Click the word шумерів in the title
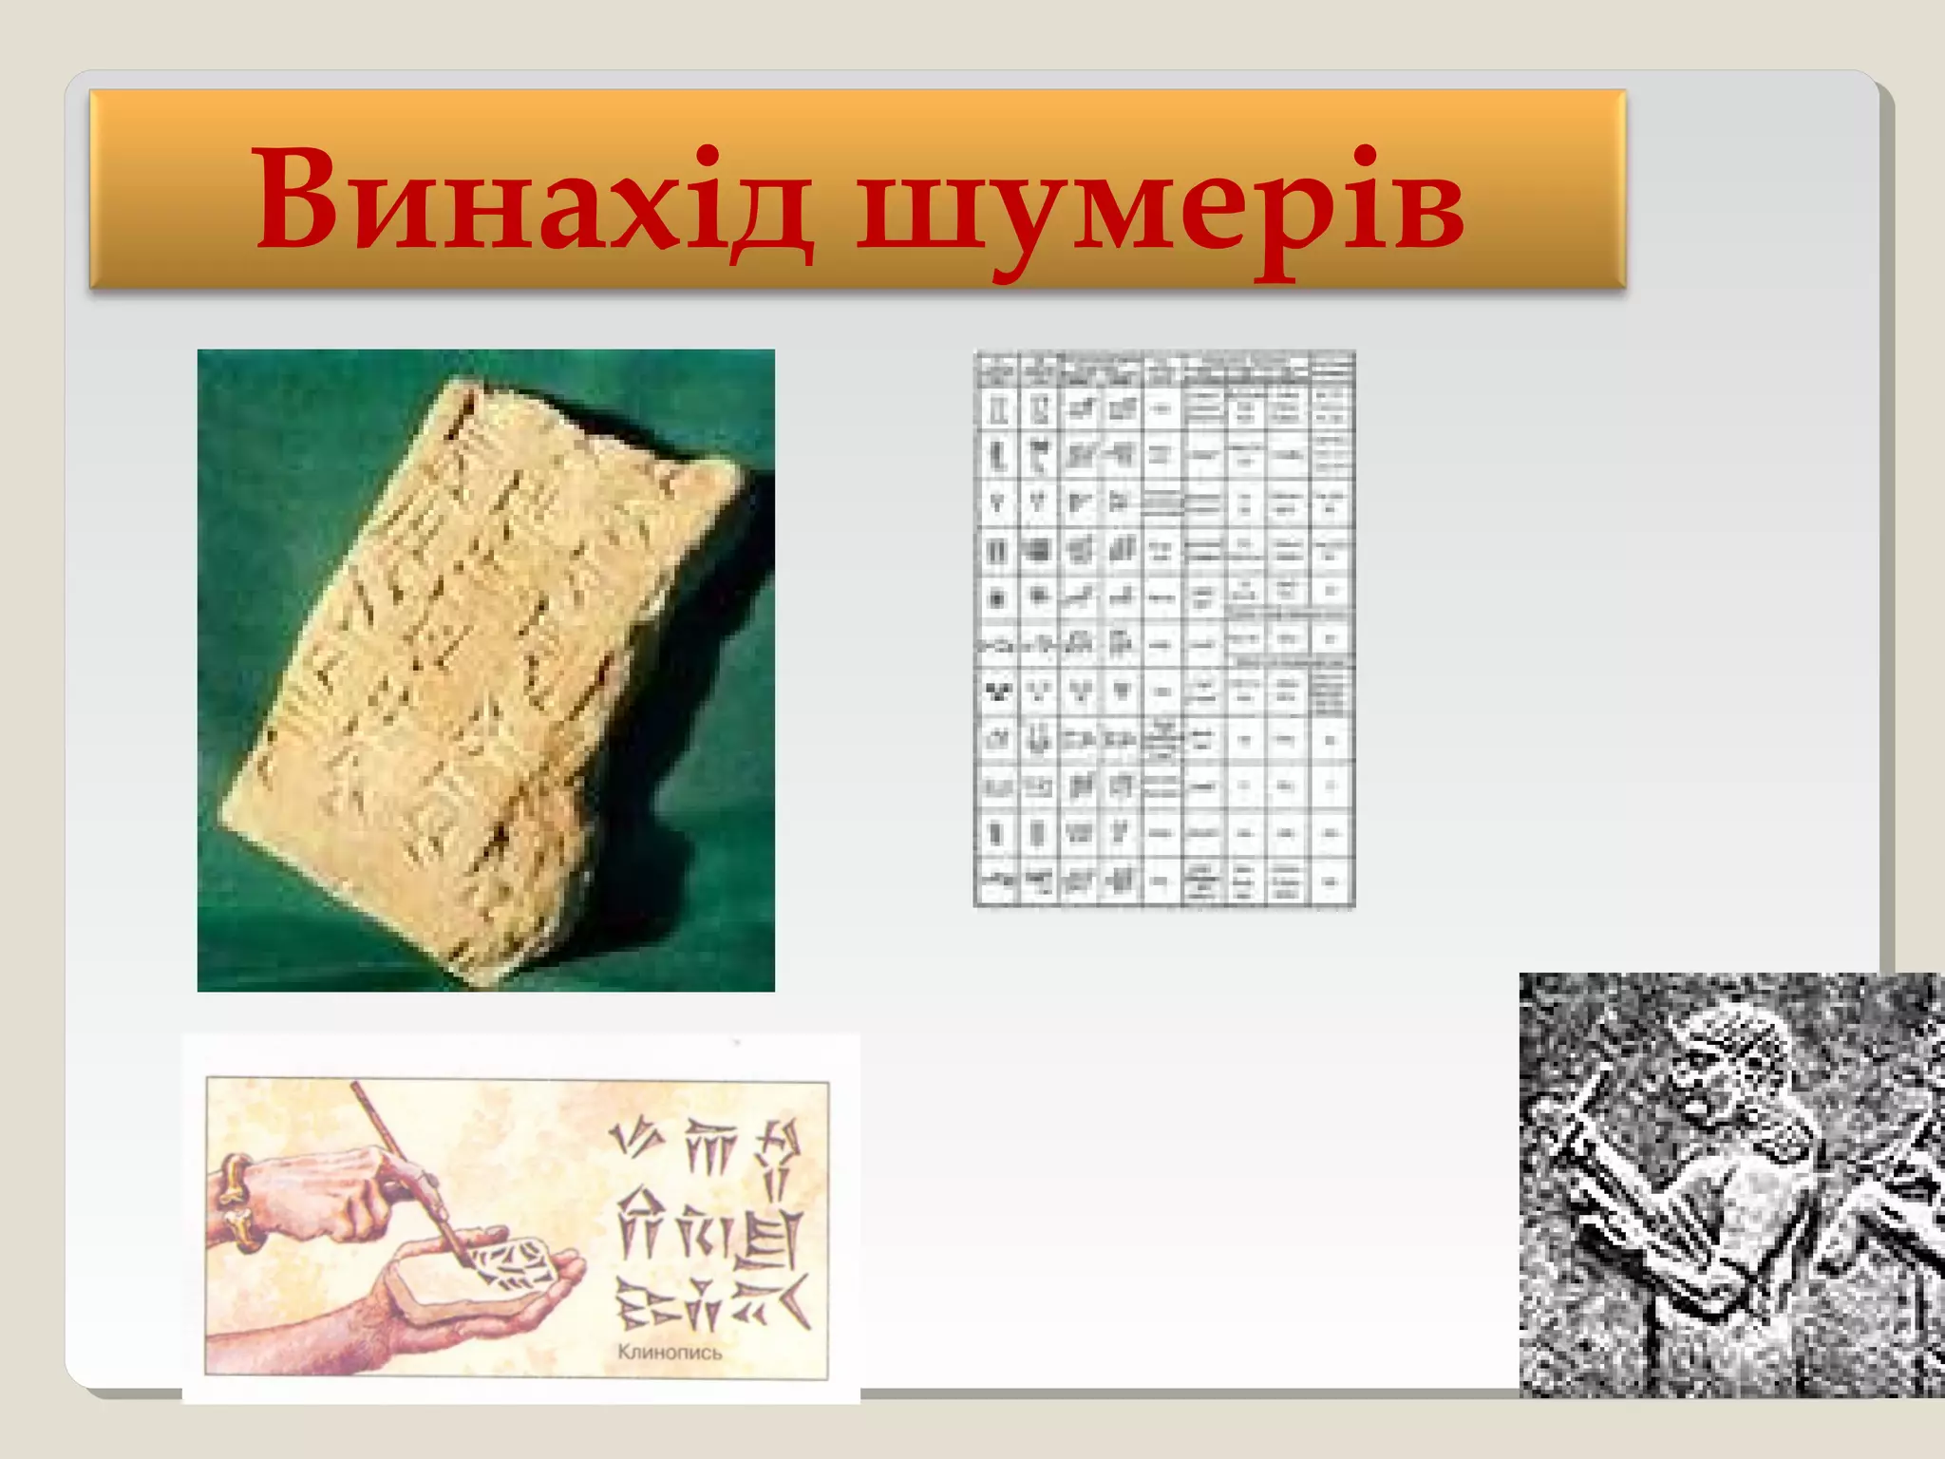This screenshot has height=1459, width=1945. (1161, 204)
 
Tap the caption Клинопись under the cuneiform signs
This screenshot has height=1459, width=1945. (670, 1352)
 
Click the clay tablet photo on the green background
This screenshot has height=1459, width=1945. (485, 670)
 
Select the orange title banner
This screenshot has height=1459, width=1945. (857, 188)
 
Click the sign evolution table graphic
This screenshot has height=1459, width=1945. (1164, 629)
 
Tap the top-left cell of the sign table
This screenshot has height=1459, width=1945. (996, 369)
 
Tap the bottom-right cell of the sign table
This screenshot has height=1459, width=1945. (1331, 882)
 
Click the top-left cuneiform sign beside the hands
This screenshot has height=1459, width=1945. (633, 1140)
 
